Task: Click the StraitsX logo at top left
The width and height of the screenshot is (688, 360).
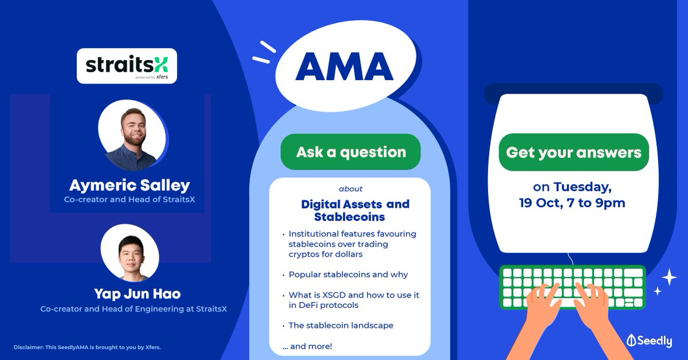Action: (127, 66)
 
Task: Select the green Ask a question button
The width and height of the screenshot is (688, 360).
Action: (350, 152)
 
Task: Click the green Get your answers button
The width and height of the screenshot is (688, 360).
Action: (573, 152)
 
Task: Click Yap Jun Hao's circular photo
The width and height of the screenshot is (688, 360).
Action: (129, 253)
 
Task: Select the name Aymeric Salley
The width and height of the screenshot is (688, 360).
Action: (130, 185)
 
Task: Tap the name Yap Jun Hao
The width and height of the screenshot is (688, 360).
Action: (138, 294)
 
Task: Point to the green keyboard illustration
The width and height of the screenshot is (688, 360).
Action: (572, 287)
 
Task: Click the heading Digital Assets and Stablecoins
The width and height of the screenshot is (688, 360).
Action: (355, 210)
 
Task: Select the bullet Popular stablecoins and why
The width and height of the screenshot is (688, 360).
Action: (348, 274)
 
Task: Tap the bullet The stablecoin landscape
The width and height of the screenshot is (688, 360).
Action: (341, 325)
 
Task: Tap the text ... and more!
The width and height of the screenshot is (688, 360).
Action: (307, 346)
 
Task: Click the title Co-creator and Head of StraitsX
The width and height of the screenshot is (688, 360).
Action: (129, 199)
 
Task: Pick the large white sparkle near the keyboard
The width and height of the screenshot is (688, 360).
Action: (669, 277)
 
